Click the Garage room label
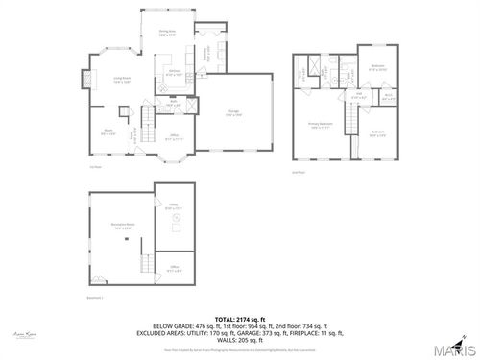tap(234, 112)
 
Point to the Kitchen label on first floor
tap(176, 73)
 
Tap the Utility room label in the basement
tap(174, 206)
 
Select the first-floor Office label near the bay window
tap(175, 136)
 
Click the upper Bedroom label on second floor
tap(377, 67)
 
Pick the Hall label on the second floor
tap(354, 96)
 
